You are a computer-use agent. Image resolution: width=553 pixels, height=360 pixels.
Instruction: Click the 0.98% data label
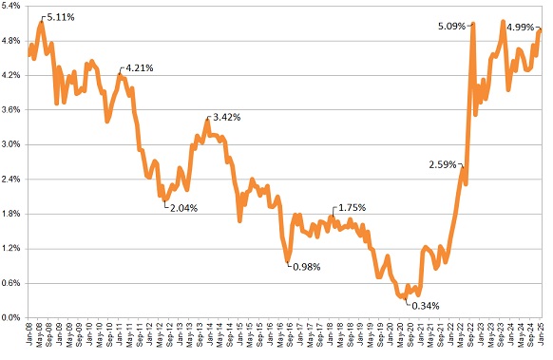(x=305, y=267)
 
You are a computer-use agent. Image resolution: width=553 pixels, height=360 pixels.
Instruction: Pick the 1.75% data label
(x=351, y=208)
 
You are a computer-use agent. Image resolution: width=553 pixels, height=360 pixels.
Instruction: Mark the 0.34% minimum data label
(x=424, y=305)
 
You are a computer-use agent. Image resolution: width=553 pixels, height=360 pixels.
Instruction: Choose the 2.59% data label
(x=444, y=164)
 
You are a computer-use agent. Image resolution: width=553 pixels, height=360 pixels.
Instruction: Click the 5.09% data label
(x=453, y=26)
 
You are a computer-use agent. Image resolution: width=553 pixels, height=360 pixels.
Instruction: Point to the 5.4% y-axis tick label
(x=12, y=7)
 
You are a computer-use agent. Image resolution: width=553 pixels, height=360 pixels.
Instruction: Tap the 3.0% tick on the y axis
(x=12, y=144)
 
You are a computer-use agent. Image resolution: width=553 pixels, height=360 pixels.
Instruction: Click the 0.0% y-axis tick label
(x=12, y=317)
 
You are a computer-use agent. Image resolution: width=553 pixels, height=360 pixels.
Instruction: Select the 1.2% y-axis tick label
(x=12, y=248)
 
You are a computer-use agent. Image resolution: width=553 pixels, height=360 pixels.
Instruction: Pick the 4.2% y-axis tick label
(x=12, y=76)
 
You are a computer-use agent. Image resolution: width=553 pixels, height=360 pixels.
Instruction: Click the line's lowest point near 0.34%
(x=404, y=297)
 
